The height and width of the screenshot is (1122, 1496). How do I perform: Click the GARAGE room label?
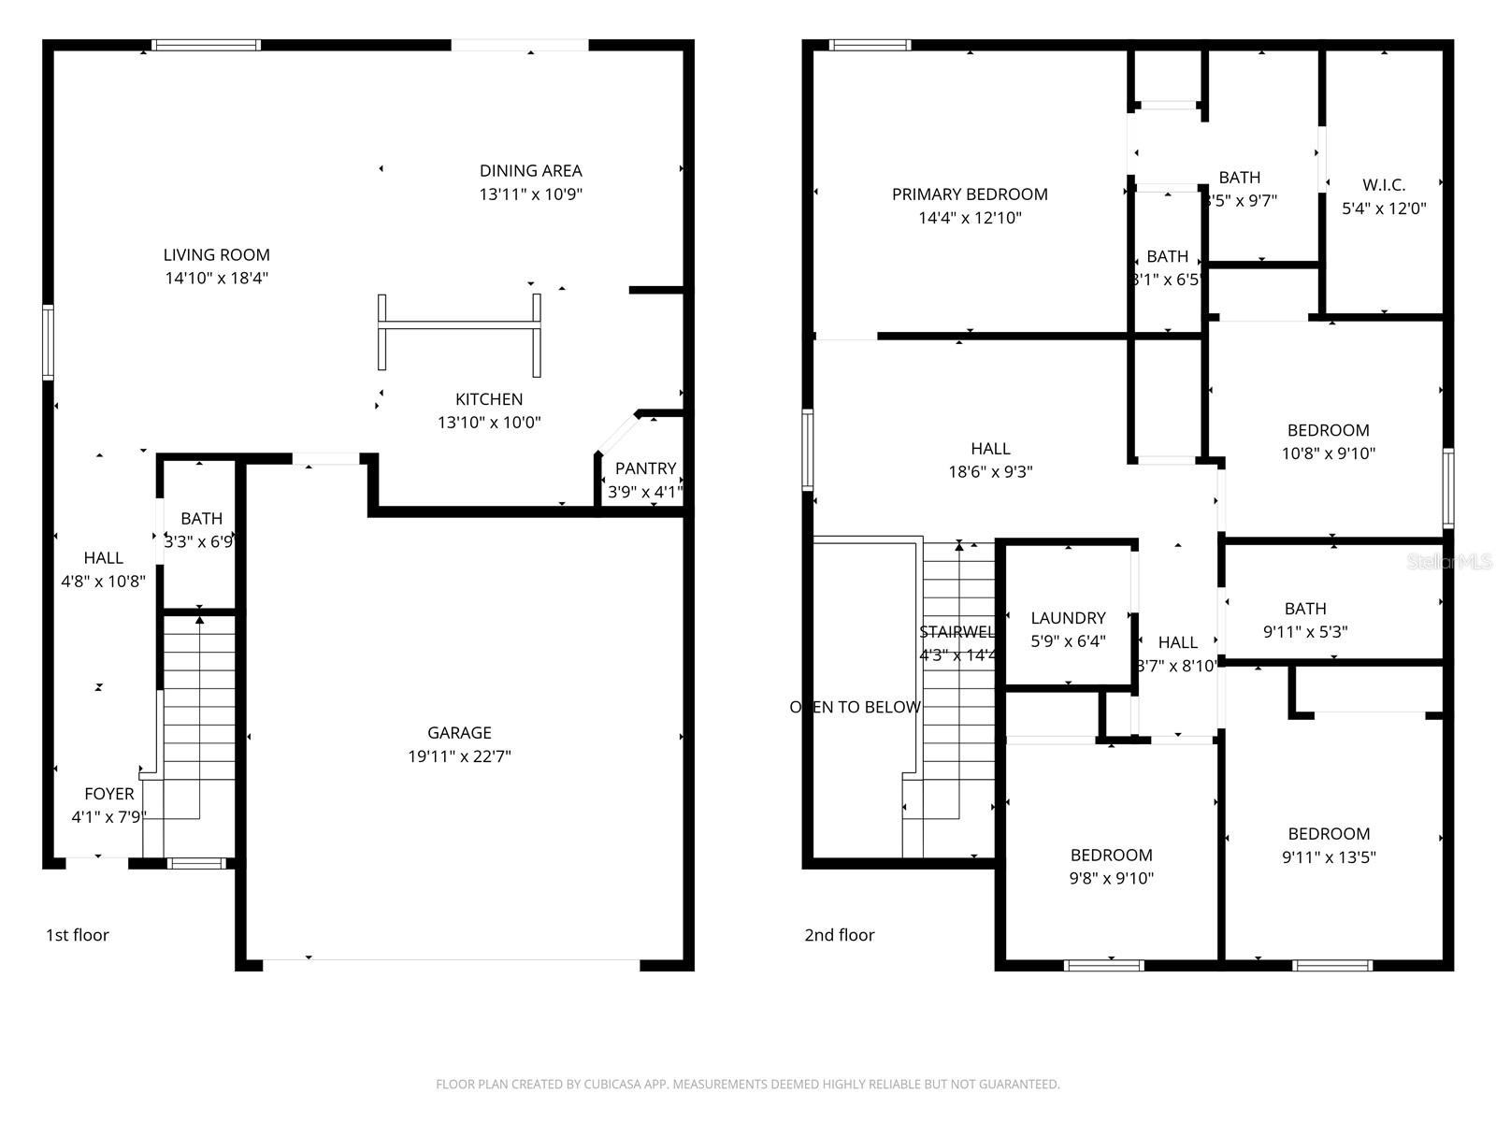pyautogui.click(x=459, y=733)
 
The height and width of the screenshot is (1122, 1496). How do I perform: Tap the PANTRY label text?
pyautogui.click(x=645, y=468)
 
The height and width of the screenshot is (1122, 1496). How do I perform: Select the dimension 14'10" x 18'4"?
pyautogui.click(x=217, y=278)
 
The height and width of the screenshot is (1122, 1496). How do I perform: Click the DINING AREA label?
pyautogui.click(x=530, y=170)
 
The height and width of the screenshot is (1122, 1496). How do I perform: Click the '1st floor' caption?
pyautogui.click(x=78, y=935)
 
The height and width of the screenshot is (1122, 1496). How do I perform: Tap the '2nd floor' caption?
pyautogui.click(x=840, y=935)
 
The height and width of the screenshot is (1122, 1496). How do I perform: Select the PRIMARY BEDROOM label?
pyautogui.click(x=970, y=194)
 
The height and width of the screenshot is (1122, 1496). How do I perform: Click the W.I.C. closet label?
pyautogui.click(x=1384, y=185)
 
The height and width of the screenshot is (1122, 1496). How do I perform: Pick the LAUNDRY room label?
pyautogui.click(x=1068, y=618)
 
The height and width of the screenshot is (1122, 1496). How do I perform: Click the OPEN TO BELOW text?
pyautogui.click(x=856, y=707)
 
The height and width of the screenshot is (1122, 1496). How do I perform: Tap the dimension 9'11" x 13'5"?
pyautogui.click(x=1329, y=857)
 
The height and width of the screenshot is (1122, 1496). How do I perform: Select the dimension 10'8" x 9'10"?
pyautogui.click(x=1329, y=453)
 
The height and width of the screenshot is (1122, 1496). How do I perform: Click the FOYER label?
pyautogui.click(x=109, y=794)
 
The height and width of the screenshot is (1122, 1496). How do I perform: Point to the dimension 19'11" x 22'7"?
pyautogui.click(x=459, y=756)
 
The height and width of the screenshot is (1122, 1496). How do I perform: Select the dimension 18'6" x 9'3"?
pyautogui.click(x=990, y=472)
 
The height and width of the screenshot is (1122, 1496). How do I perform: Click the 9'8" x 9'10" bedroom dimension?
pyautogui.click(x=1112, y=879)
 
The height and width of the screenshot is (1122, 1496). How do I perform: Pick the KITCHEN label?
pyautogui.click(x=489, y=399)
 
